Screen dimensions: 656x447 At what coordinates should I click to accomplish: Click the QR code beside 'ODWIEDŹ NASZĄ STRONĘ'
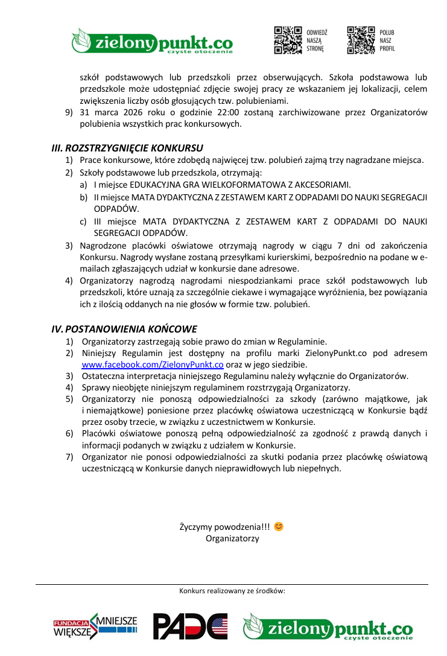pyautogui.click(x=288, y=40)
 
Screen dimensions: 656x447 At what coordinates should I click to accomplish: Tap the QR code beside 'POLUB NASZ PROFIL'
pyautogui.click(x=361, y=40)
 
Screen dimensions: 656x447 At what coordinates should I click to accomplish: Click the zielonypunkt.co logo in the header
pyautogui.click(x=152, y=41)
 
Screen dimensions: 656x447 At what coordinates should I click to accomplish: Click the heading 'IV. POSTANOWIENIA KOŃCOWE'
pyautogui.click(x=124, y=329)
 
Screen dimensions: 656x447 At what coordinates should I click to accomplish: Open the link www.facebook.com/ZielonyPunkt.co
pyautogui.click(x=153, y=365)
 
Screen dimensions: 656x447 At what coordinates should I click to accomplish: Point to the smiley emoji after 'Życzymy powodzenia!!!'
pyautogui.click(x=278, y=526)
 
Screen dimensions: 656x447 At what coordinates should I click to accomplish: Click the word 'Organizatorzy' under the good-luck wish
pyautogui.click(x=232, y=538)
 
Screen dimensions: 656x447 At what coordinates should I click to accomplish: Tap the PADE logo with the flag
pyautogui.click(x=190, y=626)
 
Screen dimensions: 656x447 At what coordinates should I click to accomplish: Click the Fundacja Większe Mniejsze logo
pyautogui.click(x=95, y=627)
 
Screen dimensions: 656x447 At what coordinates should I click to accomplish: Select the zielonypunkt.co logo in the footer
pyautogui.click(x=328, y=626)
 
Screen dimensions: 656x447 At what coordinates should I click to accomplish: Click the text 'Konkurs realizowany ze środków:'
pyautogui.click(x=232, y=591)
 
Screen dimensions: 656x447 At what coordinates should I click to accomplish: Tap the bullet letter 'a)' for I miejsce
pyautogui.click(x=83, y=185)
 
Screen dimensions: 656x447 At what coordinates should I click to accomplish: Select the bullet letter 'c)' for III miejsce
pyautogui.click(x=83, y=221)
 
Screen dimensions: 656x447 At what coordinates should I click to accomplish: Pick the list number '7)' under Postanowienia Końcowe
pyautogui.click(x=70, y=457)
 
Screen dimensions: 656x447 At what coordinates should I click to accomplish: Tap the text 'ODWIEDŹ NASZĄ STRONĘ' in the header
pyautogui.click(x=317, y=40)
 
